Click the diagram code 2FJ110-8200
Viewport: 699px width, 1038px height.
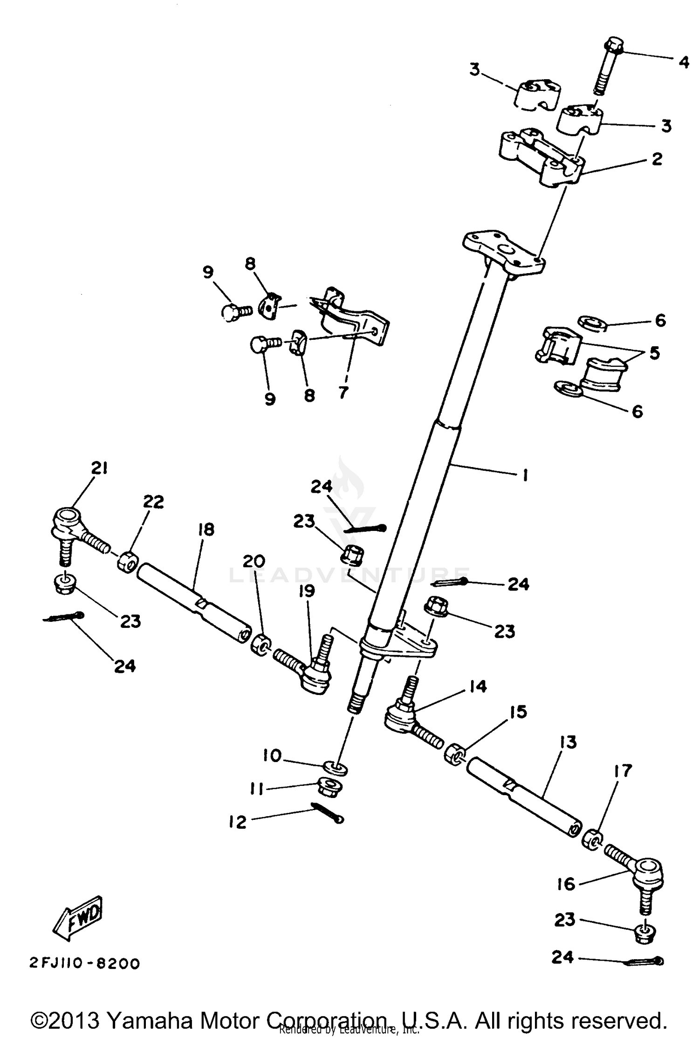84,963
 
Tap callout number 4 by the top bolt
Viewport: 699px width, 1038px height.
683,62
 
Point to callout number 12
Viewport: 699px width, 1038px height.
238,822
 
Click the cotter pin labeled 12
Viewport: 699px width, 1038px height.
328,812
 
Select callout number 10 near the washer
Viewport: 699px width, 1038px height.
272,756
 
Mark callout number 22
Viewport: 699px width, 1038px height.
153,502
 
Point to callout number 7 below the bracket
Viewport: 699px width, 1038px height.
343,392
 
